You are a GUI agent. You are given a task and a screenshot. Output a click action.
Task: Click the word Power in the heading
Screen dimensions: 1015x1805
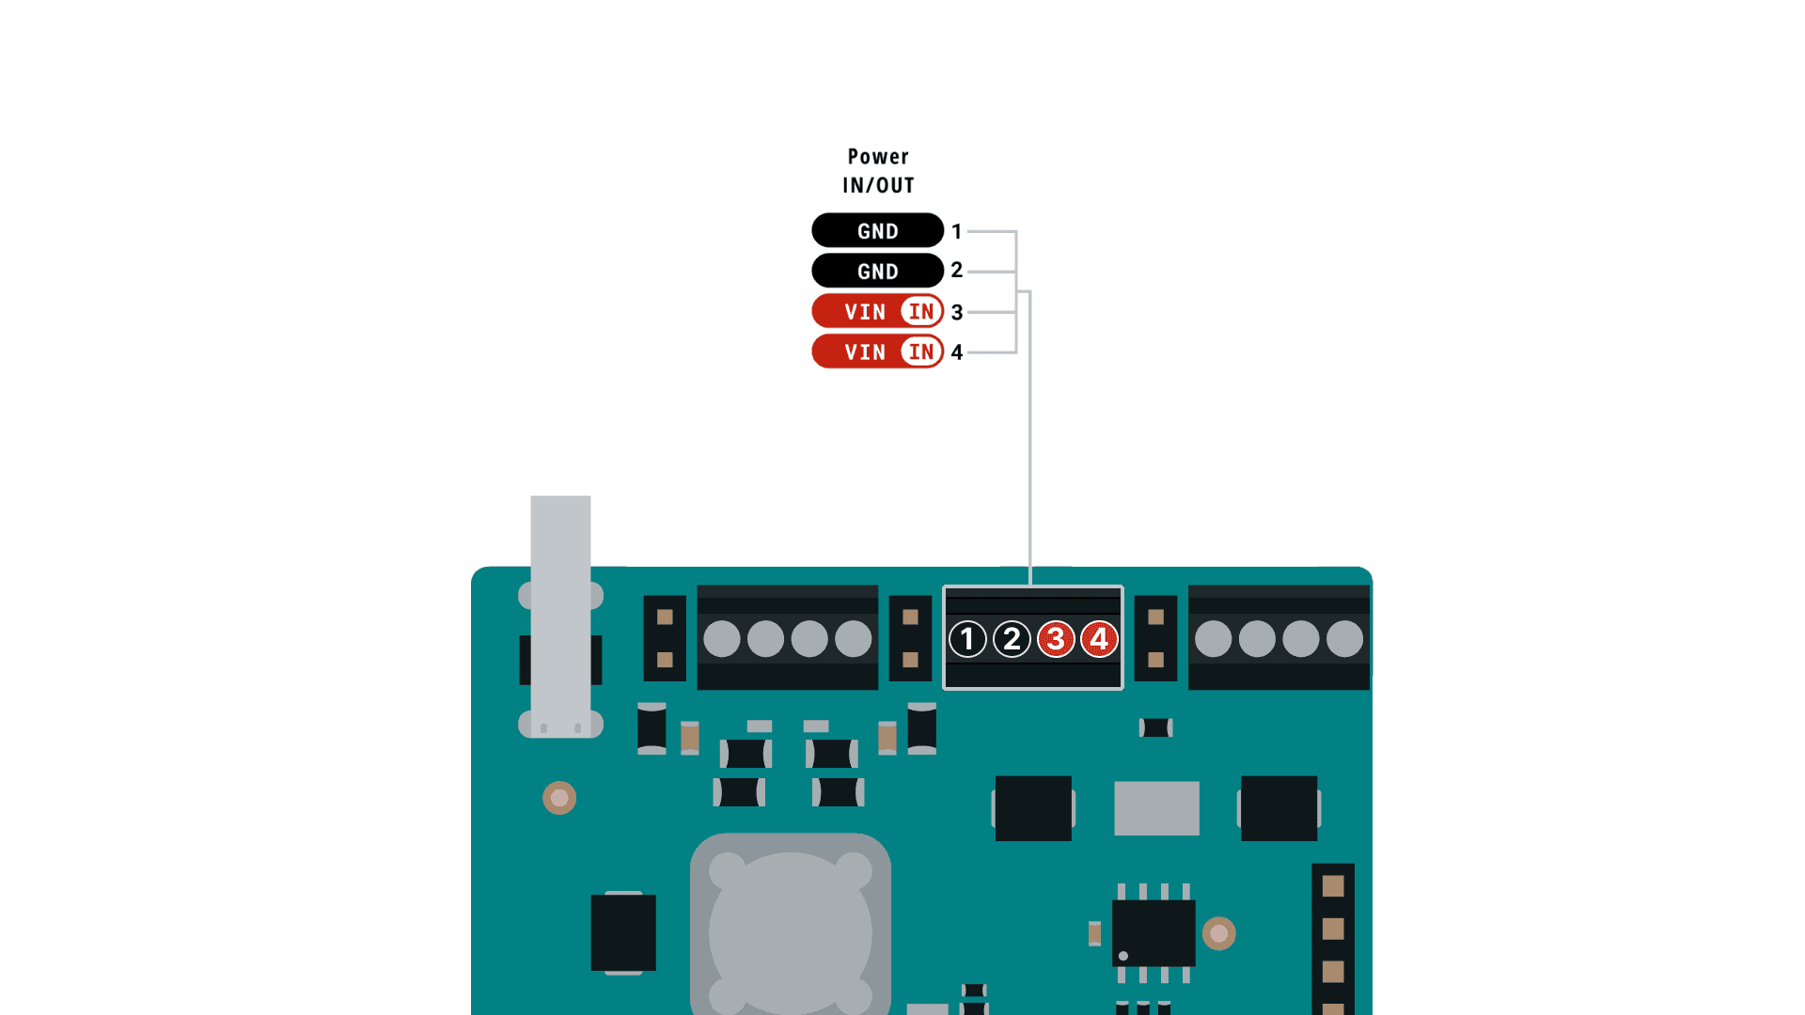pyautogui.click(x=878, y=157)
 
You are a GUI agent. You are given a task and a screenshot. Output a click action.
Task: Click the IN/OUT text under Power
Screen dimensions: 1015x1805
pyautogui.click(x=878, y=185)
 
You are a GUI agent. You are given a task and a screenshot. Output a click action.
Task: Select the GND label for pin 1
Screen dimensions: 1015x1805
pyautogui.click(x=877, y=231)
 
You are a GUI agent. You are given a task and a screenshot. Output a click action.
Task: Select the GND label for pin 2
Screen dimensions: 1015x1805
pyautogui.click(x=877, y=272)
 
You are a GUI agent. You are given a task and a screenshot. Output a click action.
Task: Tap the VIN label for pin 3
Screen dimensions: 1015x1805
pyautogui.click(x=864, y=312)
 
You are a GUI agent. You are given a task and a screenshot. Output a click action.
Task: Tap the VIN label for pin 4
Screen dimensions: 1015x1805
pyautogui.click(x=864, y=352)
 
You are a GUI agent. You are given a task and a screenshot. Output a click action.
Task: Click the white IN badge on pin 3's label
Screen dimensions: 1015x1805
pyautogui.click(x=921, y=312)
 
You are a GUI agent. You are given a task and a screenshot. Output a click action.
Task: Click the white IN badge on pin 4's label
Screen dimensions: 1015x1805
pyautogui.click(x=921, y=352)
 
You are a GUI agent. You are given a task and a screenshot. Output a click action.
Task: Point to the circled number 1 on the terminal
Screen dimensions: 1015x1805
pyautogui.click(x=967, y=639)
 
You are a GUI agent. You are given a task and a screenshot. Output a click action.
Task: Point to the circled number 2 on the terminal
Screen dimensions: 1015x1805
pyautogui.click(x=1012, y=639)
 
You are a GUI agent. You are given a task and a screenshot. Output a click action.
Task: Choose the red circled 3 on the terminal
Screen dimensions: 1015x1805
pyautogui.click(x=1056, y=639)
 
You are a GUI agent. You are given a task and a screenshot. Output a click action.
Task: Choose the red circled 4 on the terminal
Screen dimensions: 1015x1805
pyautogui.click(x=1099, y=639)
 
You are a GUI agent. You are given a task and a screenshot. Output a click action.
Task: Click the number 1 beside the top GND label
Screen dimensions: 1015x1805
pyautogui.click(x=957, y=231)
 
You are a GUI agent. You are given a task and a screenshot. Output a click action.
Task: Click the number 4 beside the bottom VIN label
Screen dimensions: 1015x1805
pyautogui.click(x=957, y=352)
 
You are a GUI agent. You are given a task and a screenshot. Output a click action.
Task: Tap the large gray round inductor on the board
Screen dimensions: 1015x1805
pyautogui.click(x=790, y=930)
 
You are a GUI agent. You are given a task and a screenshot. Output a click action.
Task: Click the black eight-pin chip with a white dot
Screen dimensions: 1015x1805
pyautogui.click(x=1154, y=933)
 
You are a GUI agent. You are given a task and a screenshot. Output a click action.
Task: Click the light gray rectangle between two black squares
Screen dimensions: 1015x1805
pyautogui.click(x=1156, y=808)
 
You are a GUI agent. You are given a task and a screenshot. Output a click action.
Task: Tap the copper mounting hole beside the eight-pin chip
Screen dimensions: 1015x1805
pyautogui.click(x=1219, y=933)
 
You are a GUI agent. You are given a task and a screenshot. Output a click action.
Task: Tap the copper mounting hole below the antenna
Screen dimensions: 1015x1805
pyautogui.click(x=559, y=798)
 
